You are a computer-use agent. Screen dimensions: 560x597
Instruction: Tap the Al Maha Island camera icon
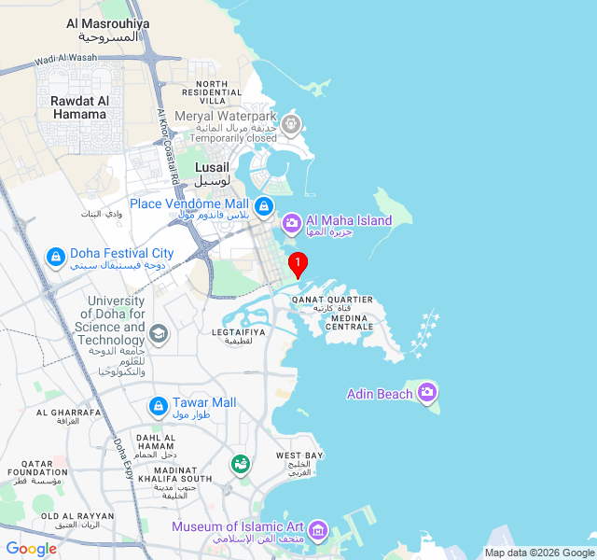[291, 223]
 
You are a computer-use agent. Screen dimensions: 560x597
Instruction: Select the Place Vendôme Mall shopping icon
[264, 205]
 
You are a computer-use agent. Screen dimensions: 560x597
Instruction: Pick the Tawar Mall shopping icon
[158, 406]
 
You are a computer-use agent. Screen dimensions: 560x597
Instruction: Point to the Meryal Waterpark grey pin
[292, 122]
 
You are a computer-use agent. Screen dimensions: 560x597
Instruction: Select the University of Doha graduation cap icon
[159, 333]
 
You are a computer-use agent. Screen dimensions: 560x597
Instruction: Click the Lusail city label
[212, 167]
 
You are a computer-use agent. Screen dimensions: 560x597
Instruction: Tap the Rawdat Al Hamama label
[80, 107]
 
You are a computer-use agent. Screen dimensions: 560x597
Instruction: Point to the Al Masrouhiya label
[108, 23]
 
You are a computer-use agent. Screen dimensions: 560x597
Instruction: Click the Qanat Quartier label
[332, 300]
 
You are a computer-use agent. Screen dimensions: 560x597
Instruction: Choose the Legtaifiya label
[239, 331]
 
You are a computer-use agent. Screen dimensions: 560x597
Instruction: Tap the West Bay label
[299, 455]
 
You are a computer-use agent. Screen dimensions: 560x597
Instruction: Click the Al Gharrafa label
[68, 412]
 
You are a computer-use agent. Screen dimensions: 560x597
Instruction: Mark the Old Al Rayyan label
[77, 516]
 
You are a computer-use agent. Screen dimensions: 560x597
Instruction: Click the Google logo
[31, 549]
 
